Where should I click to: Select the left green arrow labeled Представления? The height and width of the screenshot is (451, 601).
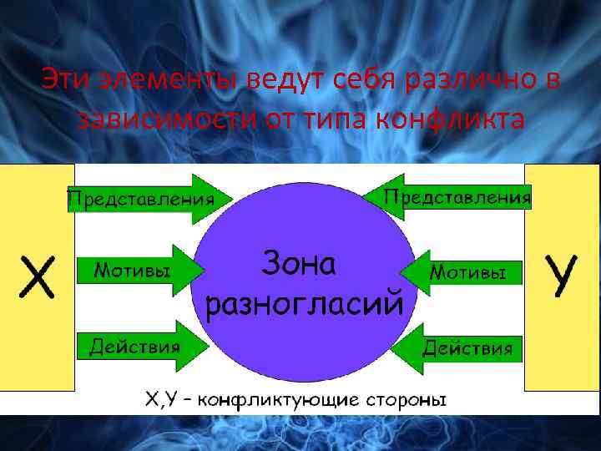click(x=142, y=200)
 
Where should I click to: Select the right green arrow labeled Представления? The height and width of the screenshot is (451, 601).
click(x=451, y=197)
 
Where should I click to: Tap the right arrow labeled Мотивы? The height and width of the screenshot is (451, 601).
click(x=463, y=272)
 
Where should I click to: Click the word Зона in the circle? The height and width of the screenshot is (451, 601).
click(x=299, y=263)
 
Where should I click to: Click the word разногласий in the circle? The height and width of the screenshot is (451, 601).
click(x=304, y=302)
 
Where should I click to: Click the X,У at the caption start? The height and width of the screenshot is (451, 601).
click(x=162, y=400)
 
